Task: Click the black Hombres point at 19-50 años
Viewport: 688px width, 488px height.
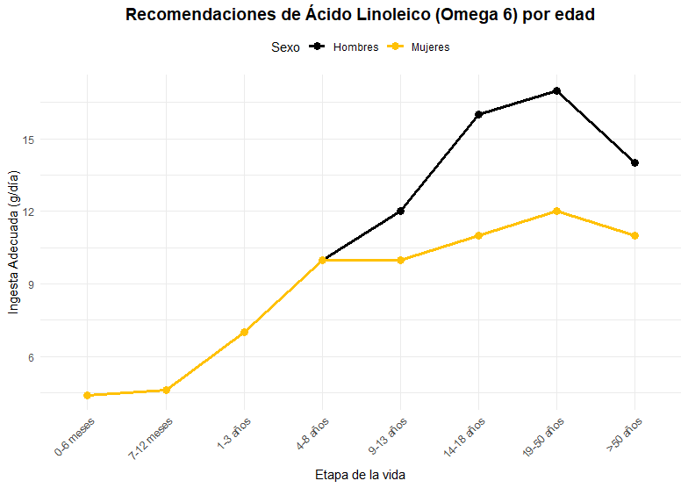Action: (x=556, y=91)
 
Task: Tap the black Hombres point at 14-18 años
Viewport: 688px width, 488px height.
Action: (x=479, y=114)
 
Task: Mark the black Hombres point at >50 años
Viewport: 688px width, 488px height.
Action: (x=634, y=163)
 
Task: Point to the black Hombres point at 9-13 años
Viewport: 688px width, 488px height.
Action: (x=400, y=211)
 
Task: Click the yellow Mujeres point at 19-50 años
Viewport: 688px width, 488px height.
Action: (x=556, y=212)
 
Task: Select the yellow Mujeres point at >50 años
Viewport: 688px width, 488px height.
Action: (x=634, y=235)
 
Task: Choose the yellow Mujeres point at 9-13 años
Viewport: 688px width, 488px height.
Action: (x=400, y=260)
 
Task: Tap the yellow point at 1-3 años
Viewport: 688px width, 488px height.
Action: (x=244, y=333)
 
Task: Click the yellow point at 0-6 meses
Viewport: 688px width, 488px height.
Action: (x=88, y=396)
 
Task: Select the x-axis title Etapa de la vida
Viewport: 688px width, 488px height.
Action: (x=360, y=475)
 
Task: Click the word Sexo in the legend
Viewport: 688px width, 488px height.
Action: (x=285, y=47)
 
